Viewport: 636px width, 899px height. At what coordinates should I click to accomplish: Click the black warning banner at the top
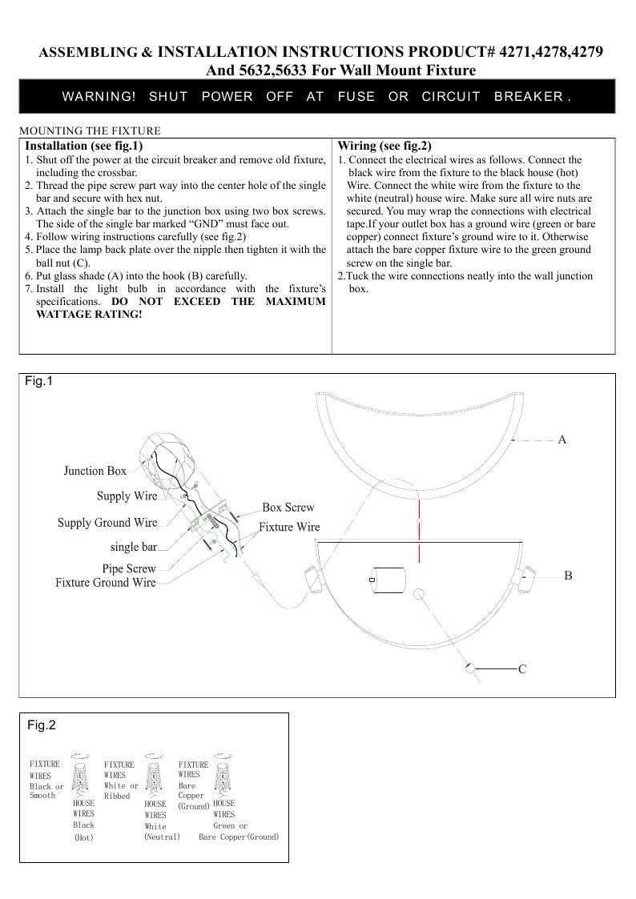point(317,97)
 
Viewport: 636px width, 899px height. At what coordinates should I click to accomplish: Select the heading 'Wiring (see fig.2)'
point(384,146)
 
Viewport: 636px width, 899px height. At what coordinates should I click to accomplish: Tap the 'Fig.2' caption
point(42,725)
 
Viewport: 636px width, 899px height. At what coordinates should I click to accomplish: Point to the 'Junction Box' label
point(95,472)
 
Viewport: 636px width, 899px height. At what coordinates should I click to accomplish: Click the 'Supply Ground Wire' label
point(107,523)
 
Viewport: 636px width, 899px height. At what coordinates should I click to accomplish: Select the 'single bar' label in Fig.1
point(133,548)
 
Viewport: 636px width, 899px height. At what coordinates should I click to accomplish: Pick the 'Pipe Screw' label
point(129,569)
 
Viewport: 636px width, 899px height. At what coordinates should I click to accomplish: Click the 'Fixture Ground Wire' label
point(105,583)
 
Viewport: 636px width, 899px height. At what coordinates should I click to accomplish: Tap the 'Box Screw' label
point(288,508)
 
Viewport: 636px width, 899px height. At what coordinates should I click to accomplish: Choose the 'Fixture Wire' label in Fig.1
point(289,528)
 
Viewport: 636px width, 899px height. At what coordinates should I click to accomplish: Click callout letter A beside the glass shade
point(562,439)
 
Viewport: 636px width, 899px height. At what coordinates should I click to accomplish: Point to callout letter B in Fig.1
point(567,576)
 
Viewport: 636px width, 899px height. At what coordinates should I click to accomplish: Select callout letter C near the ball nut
point(521,668)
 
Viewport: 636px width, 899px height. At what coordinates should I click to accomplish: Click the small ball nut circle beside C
point(470,666)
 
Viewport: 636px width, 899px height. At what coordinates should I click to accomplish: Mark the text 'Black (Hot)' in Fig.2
point(83,831)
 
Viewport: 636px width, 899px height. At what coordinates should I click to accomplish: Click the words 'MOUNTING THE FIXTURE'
point(89,130)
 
